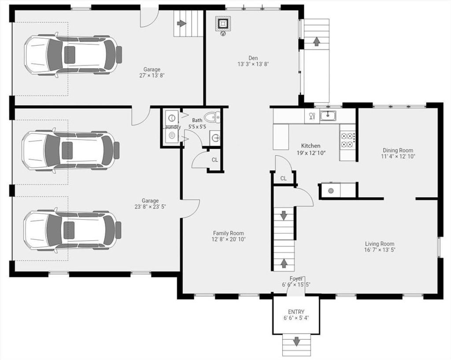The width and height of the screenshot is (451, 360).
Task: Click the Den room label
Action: [253, 58]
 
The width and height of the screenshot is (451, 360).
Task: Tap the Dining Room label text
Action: [398, 150]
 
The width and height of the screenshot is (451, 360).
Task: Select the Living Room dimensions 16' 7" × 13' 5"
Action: [380, 250]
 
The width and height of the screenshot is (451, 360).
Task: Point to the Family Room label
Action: [229, 233]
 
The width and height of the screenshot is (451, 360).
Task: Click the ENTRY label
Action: [296, 312]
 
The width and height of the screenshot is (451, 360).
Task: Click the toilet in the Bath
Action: [212, 117]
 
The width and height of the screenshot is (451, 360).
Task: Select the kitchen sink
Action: [328, 115]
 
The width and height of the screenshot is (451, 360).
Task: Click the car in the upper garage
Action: [73, 55]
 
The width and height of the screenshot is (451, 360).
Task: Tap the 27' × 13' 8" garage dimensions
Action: [152, 76]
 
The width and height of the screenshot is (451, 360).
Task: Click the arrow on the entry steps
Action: [296, 342]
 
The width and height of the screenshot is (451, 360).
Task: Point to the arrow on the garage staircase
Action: [181, 23]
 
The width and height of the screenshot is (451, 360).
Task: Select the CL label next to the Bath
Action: [215, 160]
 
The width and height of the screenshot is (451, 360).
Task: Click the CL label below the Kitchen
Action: [283, 178]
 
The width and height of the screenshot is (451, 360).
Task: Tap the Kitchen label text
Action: [311, 146]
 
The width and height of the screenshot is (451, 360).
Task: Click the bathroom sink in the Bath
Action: [215, 138]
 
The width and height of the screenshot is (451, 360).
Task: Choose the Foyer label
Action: [296, 279]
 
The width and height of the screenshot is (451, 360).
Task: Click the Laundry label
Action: [172, 127]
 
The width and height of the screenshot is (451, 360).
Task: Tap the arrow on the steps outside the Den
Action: [316, 41]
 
